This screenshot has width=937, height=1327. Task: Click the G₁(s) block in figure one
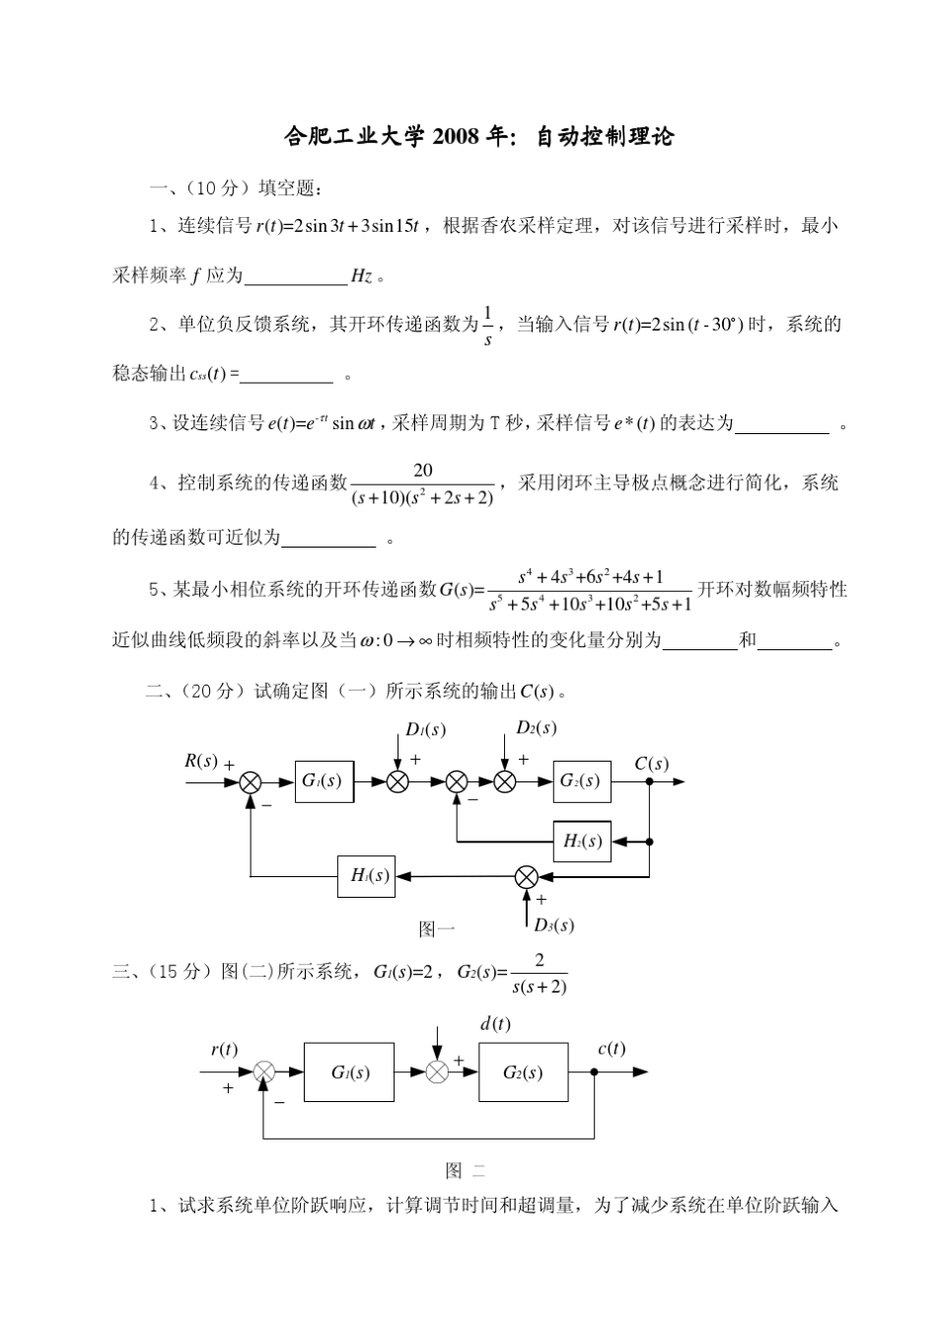click(324, 780)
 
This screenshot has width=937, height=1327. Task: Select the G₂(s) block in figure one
click(581, 780)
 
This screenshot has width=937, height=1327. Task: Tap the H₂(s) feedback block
click(582, 842)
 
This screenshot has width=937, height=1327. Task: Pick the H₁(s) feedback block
click(366, 875)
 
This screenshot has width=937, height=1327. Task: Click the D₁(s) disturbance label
click(426, 730)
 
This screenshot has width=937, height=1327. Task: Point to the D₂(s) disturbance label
click(537, 728)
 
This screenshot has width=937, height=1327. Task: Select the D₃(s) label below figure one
click(553, 924)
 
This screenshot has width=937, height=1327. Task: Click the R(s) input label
click(201, 761)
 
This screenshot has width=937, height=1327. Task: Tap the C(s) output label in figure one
click(651, 763)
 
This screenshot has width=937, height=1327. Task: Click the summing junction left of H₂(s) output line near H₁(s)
click(527, 876)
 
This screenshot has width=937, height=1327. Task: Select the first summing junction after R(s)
click(251, 781)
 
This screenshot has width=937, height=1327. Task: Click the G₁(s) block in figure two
click(349, 1072)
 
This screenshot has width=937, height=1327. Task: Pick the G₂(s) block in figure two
click(523, 1072)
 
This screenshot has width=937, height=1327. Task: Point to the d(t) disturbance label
click(495, 1024)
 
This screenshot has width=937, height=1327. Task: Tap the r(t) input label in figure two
click(224, 1049)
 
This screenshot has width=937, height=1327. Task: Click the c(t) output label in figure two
click(612, 1049)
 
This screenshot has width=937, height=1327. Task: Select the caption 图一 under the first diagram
click(437, 928)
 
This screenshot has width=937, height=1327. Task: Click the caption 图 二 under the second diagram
click(466, 1171)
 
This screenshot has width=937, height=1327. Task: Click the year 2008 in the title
click(457, 137)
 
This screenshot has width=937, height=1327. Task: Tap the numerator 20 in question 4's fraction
click(423, 471)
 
